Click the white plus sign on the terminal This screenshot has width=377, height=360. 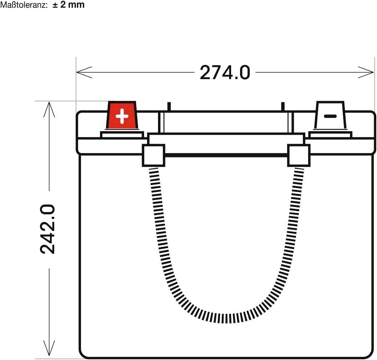pos(122,116)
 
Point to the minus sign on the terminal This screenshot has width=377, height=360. pos(330,116)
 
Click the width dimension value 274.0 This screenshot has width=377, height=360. pos(225,73)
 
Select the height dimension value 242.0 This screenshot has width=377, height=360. pos(47,230)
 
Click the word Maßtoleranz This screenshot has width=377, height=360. pos(24,5)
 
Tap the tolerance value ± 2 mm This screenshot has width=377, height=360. pos(68,5)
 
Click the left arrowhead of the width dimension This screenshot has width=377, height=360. pos(84,72)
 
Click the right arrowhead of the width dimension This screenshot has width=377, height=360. pos(366,72)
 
